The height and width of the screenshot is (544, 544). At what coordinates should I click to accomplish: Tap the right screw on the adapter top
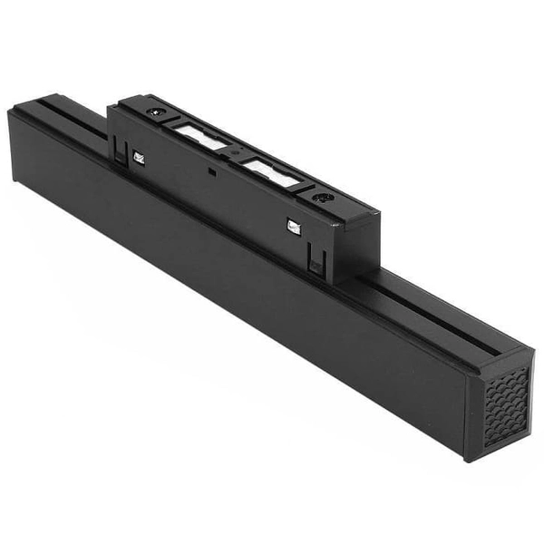pos(319,197)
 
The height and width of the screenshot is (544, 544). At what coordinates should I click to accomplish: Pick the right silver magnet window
pos(271,171)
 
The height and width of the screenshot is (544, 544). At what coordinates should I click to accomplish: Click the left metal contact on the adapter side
pos(139,158)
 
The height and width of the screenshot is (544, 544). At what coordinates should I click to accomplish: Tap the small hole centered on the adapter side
pos(210,169)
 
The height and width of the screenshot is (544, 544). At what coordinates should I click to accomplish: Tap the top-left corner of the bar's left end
pos(11,112)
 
